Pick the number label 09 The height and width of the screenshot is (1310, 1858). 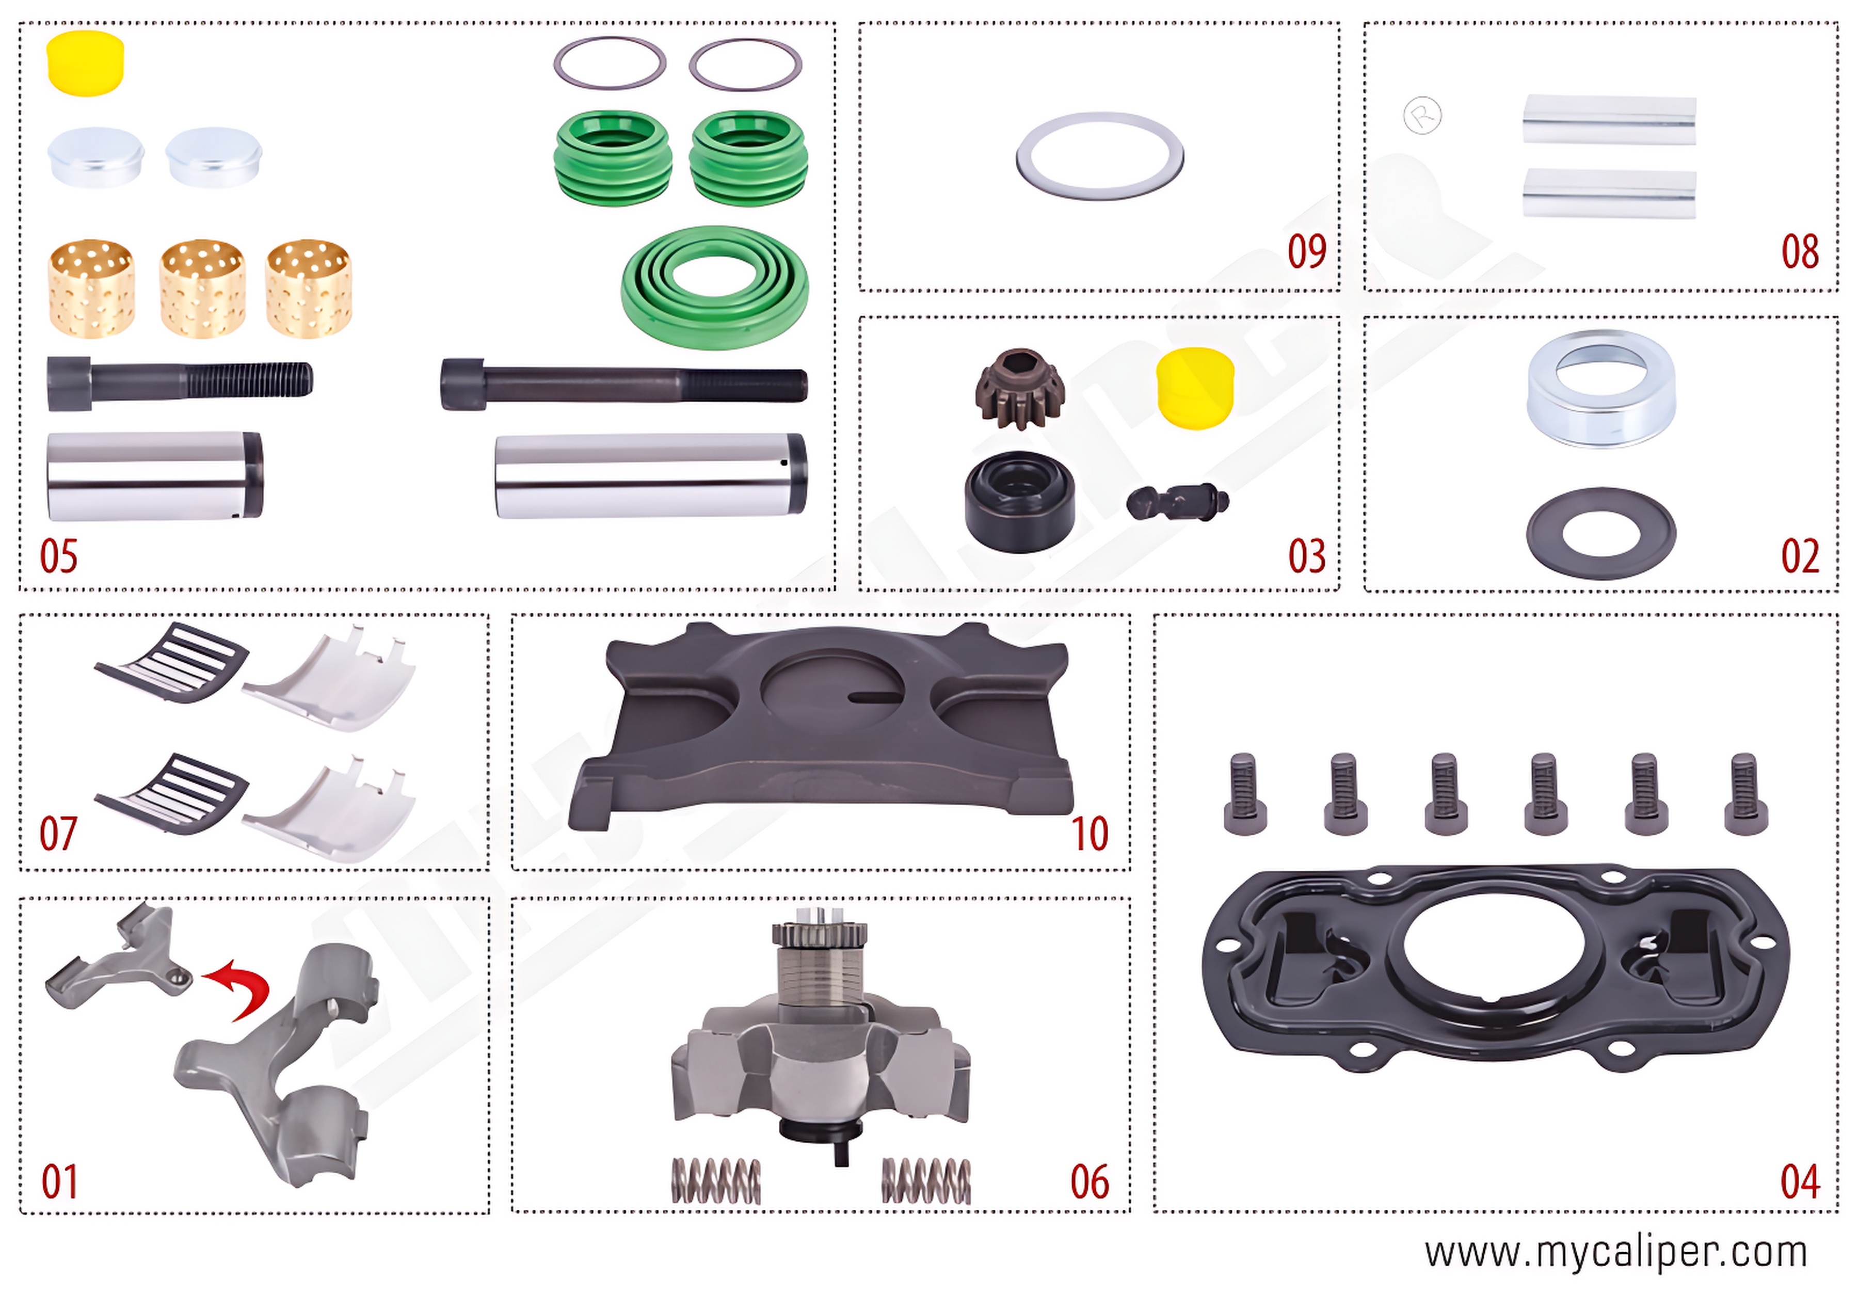pos(1306,252)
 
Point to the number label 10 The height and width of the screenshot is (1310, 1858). pos(1088,834)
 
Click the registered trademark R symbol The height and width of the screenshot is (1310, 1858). pos(1422,116)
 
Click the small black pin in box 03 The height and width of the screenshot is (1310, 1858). pos(1177,502)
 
